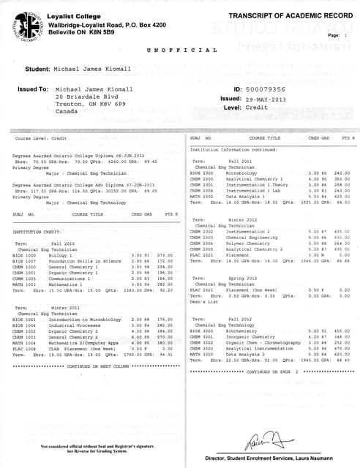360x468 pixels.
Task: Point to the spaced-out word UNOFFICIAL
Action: point(181,50)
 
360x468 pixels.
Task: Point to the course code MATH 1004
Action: point(24,342)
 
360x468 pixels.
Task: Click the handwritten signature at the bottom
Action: point(264,438)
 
